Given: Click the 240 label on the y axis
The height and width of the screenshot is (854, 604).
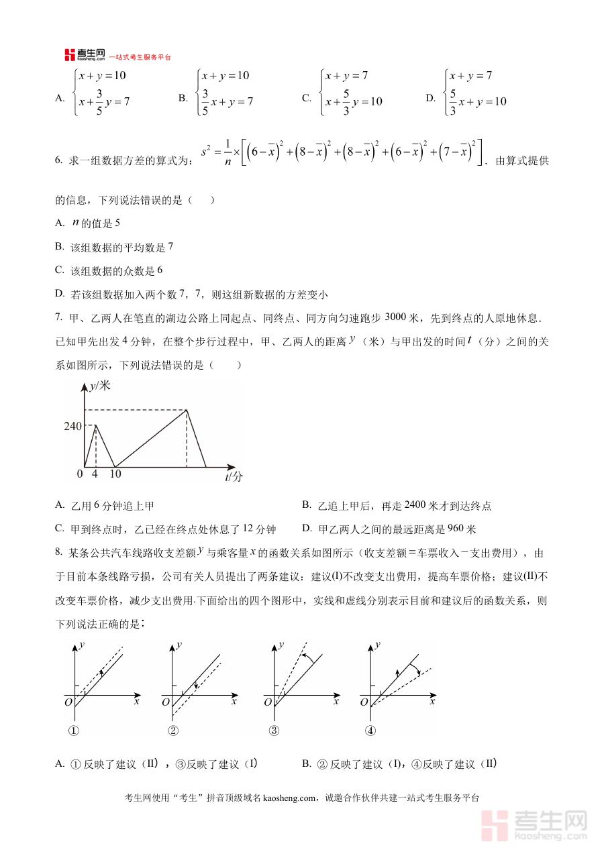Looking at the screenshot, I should pyautogui.click(x=73, y=426).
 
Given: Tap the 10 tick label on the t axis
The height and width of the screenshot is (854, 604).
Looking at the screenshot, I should pyautogui.click(x=115, y=474).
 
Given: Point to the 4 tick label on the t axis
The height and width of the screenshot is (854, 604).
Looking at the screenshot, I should pyautogui.click(x=95, y=474).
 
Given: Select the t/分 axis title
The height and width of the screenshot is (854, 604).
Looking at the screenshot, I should pyautogui.click(x=234, y=476).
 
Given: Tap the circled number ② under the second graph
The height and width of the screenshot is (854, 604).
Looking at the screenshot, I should pyautogui.click(x=173, y=731).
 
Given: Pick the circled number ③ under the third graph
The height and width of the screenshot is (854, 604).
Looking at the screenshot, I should pyautogui.click(x=273, y=731).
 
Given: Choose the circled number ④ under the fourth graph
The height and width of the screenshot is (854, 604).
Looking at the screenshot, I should pyautogui.click(x=370, y=731).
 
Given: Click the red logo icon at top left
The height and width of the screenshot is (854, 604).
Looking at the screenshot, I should pyautogui.click(x=70, y=55).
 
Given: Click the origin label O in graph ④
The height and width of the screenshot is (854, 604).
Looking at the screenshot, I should pyautogui.click(x=364, y=702).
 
